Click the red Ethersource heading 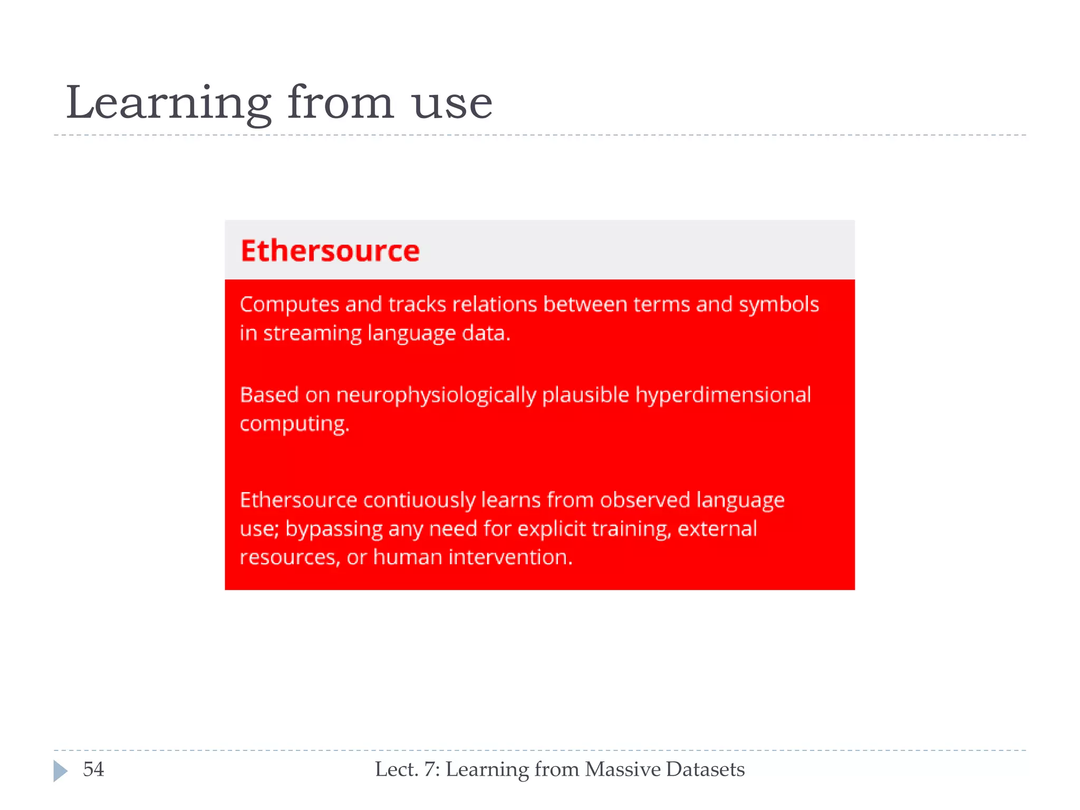point(330,250)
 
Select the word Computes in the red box point(290,305)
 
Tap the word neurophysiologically point(436,396)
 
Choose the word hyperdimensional point(722,395)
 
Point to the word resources point(290,558)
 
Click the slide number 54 point(93,769)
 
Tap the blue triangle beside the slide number point(60,770)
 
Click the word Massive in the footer point(623,769)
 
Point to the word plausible point(585,396)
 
